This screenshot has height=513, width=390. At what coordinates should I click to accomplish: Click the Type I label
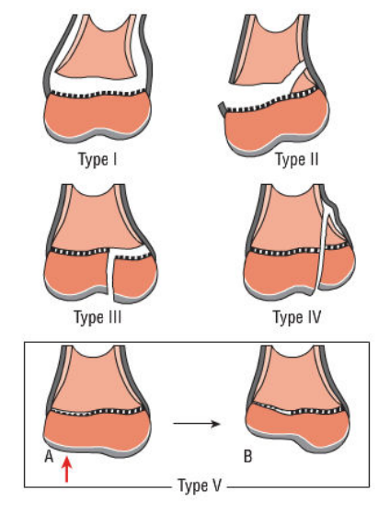coord(97,160)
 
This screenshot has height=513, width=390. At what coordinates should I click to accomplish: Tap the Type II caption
coord(296,160)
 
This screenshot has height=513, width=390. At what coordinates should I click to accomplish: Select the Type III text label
coord(97,317)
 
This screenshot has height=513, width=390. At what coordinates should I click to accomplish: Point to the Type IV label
coord(297,317)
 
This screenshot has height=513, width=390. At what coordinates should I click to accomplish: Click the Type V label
coord(200,485)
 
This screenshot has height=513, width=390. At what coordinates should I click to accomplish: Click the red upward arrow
coord(66,470)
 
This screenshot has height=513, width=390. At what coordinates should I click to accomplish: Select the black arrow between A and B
coord(197,424)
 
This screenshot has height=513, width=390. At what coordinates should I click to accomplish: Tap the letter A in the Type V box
coord(49,457)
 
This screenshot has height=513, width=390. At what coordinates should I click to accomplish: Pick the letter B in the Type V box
coord(247,457)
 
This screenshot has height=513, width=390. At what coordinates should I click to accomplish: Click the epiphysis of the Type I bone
coord(97,115)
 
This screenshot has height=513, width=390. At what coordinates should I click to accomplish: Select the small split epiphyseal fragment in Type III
coord(134,277)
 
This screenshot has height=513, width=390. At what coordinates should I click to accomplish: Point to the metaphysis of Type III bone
coord(97,219)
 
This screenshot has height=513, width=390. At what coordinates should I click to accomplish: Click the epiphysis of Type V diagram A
coord(97,430)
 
